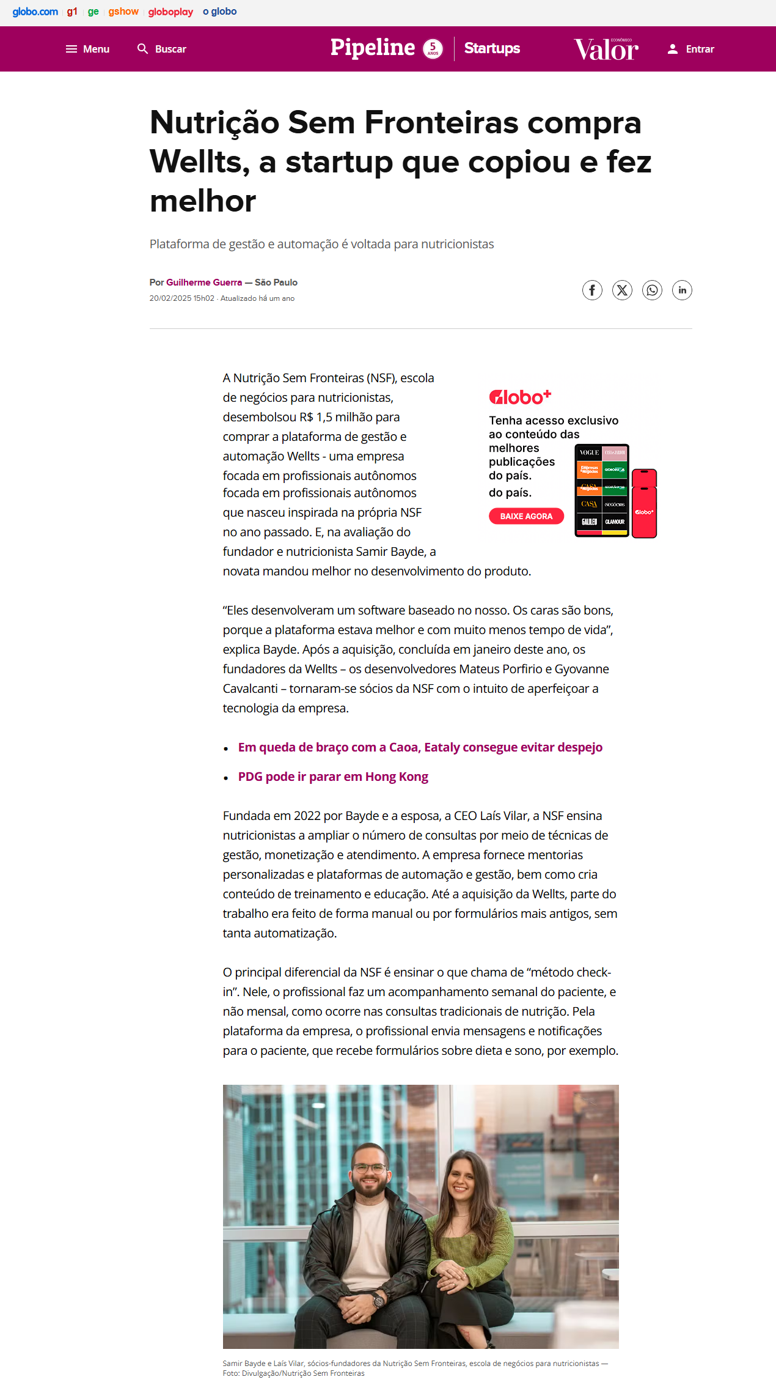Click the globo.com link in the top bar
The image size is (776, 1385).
[35, 12]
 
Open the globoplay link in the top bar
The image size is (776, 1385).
[170, 12]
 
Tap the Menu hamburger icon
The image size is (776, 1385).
[71, 49]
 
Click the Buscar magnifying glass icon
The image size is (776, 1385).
[143, 49]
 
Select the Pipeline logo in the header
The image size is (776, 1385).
[373, 48]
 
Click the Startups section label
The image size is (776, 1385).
[492, 48]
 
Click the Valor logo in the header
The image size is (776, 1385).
[606, 50]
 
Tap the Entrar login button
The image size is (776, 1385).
[691, 49]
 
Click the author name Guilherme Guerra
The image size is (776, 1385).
[204, 283]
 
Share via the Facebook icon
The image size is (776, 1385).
[592, 290]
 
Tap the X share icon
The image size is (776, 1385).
[622, 290]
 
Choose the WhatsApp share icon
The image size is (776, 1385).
[652, 290]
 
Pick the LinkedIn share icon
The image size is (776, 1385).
[682, 290]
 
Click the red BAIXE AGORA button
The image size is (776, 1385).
[526, 516]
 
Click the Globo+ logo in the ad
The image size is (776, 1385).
[520, 397]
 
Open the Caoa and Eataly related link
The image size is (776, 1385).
[420, 747]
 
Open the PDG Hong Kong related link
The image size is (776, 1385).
[333, 777]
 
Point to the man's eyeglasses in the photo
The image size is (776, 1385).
[370, 1169]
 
